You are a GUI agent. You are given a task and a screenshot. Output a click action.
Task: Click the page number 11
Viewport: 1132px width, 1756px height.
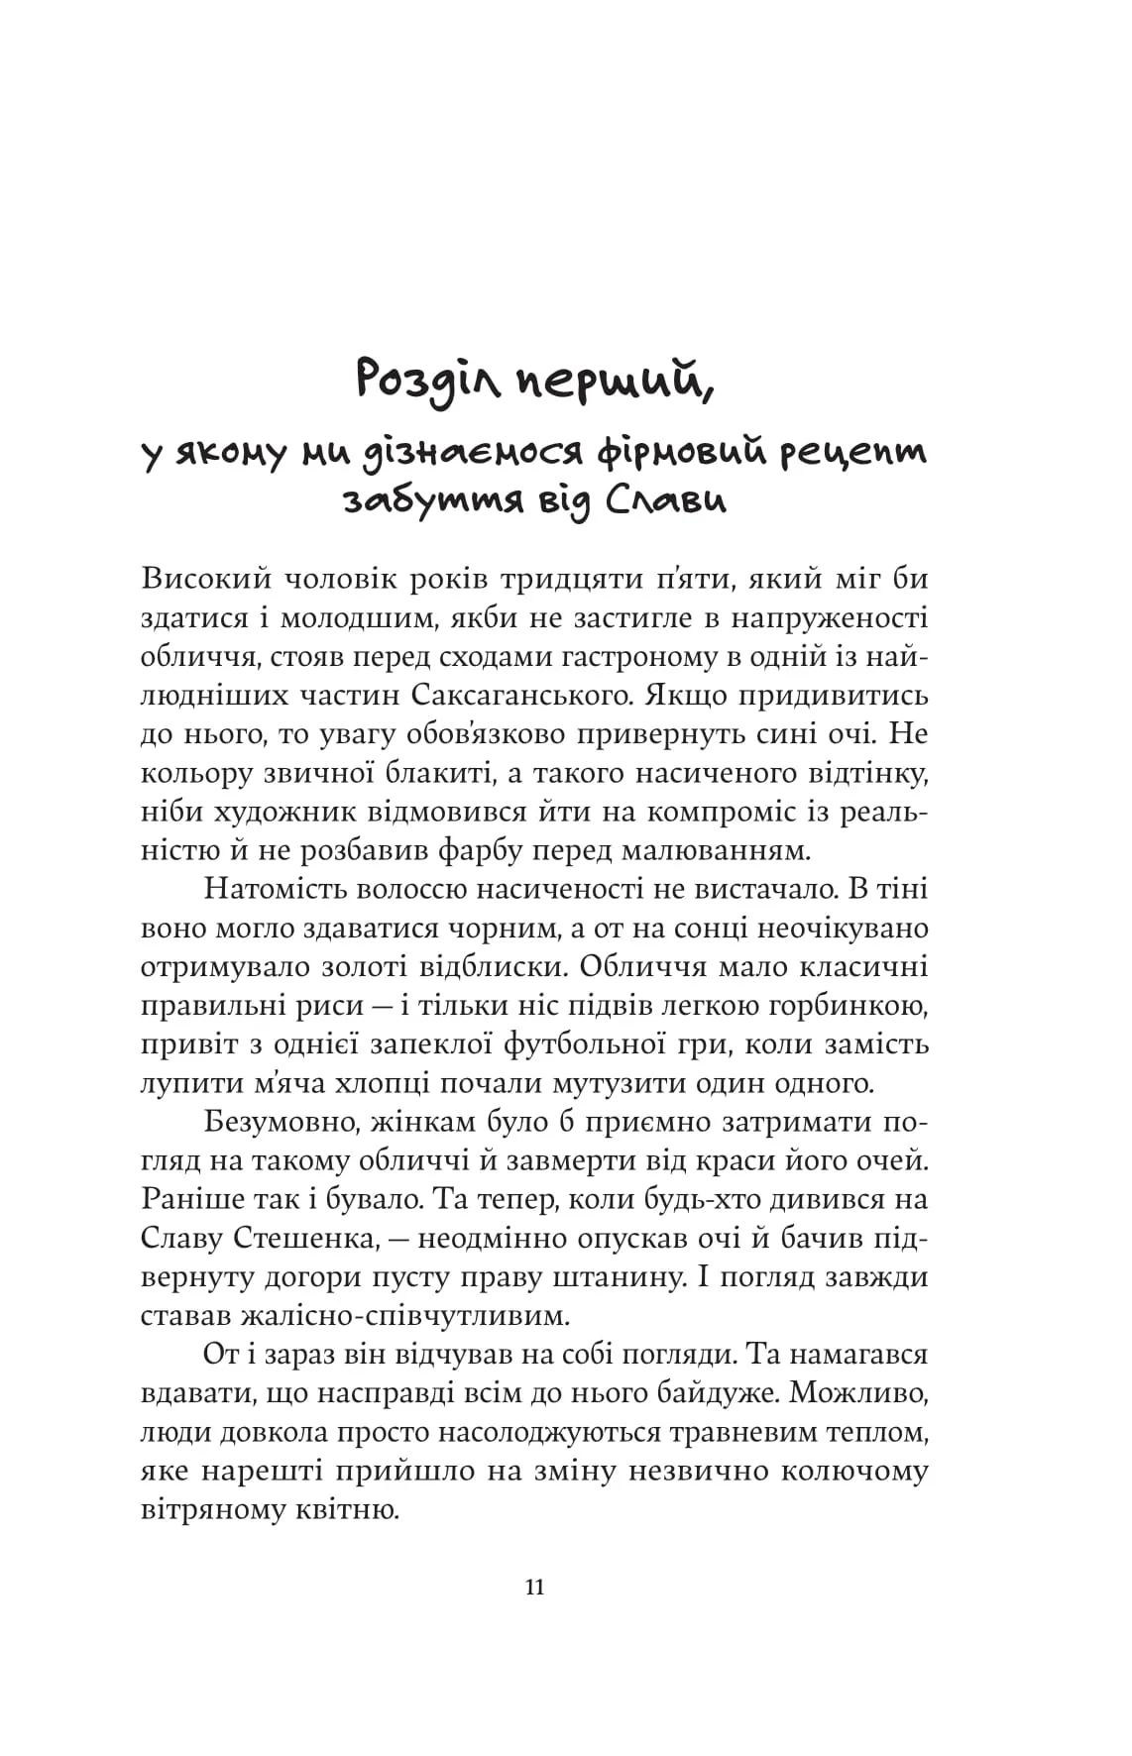(534, 1588)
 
